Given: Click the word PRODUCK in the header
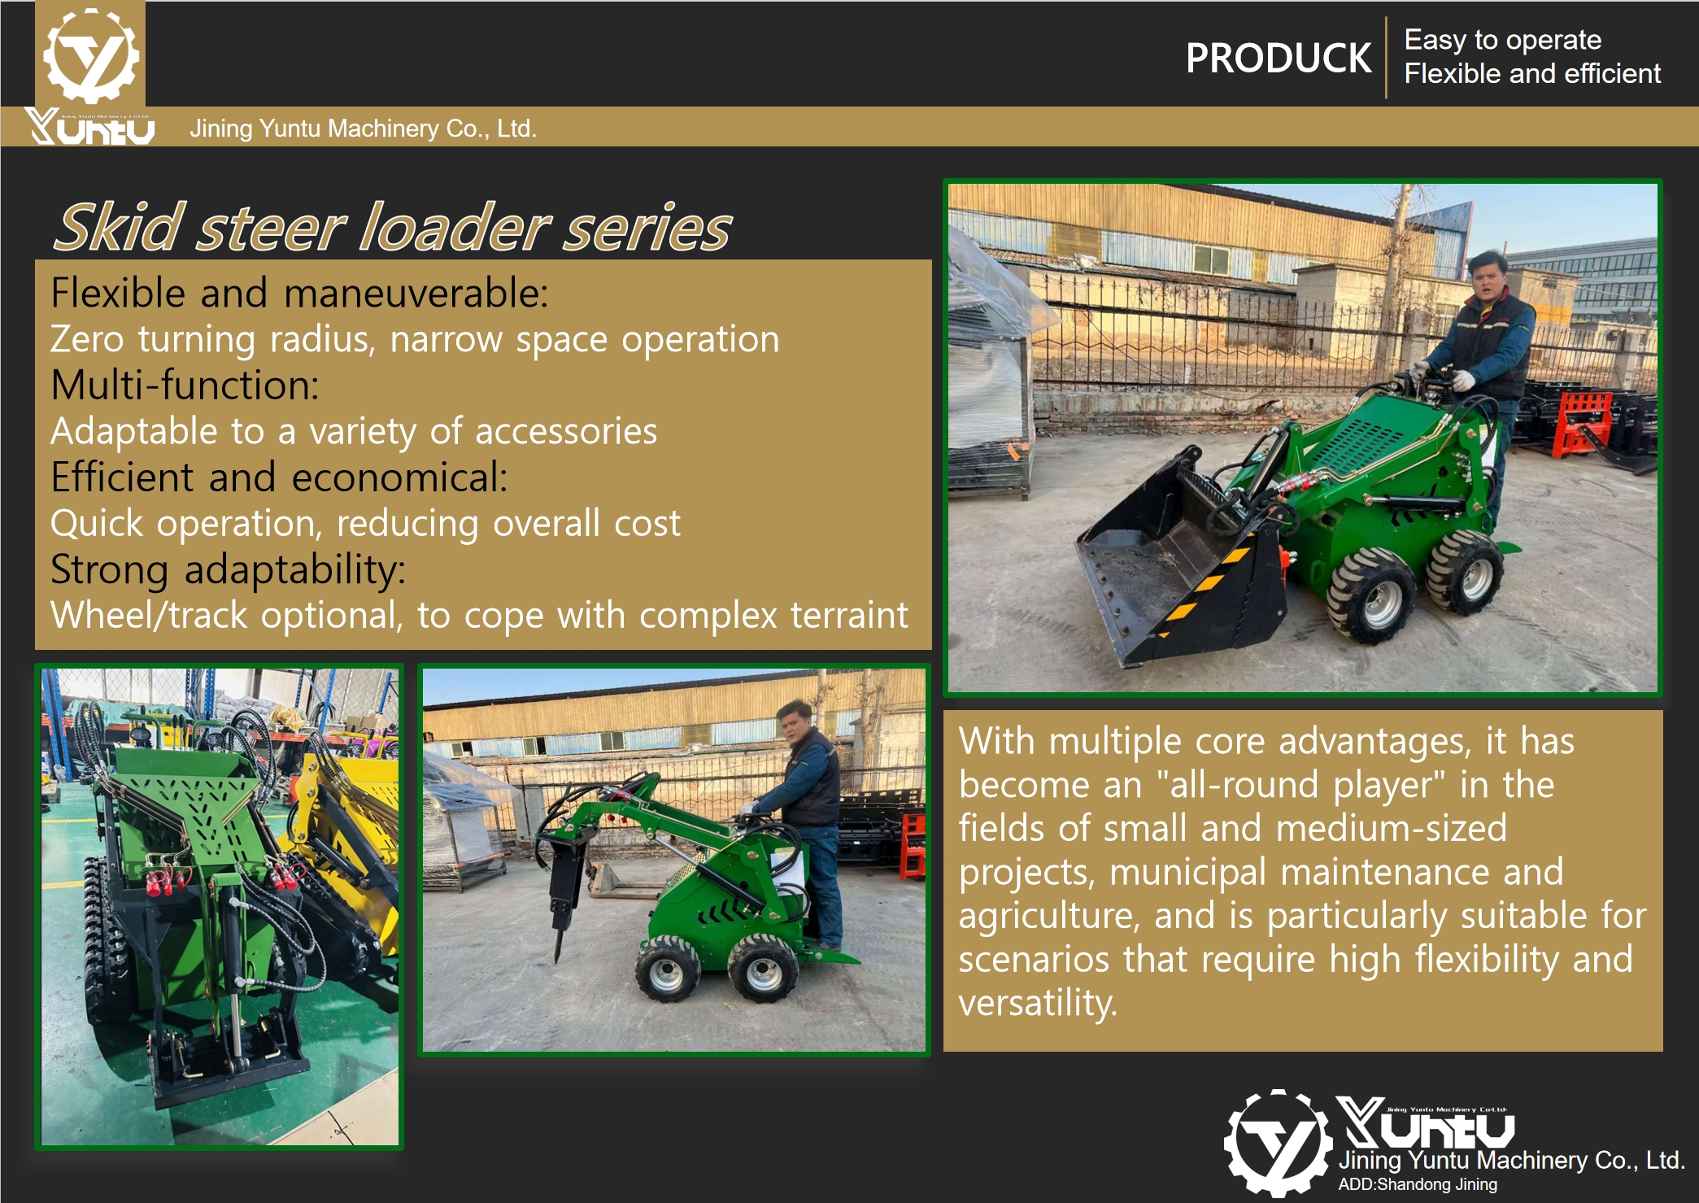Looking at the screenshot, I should (x=1278, y=59).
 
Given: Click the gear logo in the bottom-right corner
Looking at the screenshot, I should (x=1278, y=1143).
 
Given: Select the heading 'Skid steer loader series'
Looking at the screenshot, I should (x=393, y=228).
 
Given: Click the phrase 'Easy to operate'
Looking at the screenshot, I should (x=1502, y=40).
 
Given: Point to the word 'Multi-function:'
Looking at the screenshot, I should (x=185, y=386).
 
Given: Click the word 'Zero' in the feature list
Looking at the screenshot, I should (x=87, y=339).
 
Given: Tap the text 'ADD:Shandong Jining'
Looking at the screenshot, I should (x=1417, y=1184).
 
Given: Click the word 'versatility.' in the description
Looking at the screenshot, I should (x=1038, y=1003).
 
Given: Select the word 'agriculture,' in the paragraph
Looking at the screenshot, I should (x=1048, y=916).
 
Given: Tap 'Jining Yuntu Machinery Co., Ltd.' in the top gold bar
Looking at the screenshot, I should (x=363, y=129).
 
